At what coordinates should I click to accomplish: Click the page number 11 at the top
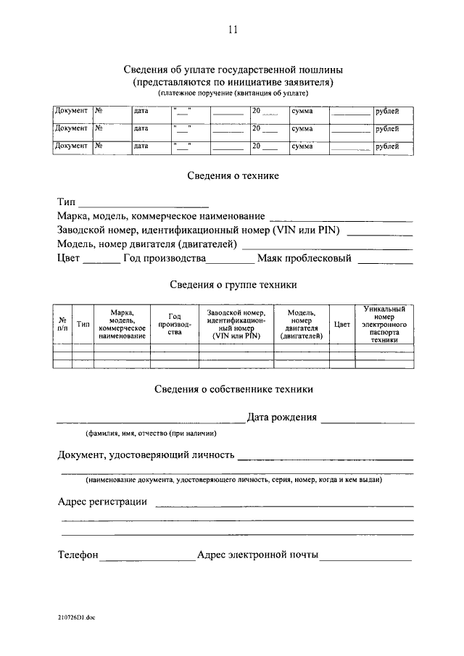pos(232,30)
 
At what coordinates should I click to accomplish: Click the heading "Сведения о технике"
pos(233,176)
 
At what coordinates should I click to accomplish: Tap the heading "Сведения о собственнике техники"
pos(233,389)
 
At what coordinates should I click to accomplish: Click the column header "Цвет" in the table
pos(342,325)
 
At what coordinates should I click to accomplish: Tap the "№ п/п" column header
pos(63,325)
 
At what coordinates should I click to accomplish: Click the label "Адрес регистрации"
pos(102,502)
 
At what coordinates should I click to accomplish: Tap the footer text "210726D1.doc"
pos(78,617)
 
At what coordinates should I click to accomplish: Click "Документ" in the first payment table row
pos(71,112)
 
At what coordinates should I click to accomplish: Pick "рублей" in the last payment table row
pos(386,146)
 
